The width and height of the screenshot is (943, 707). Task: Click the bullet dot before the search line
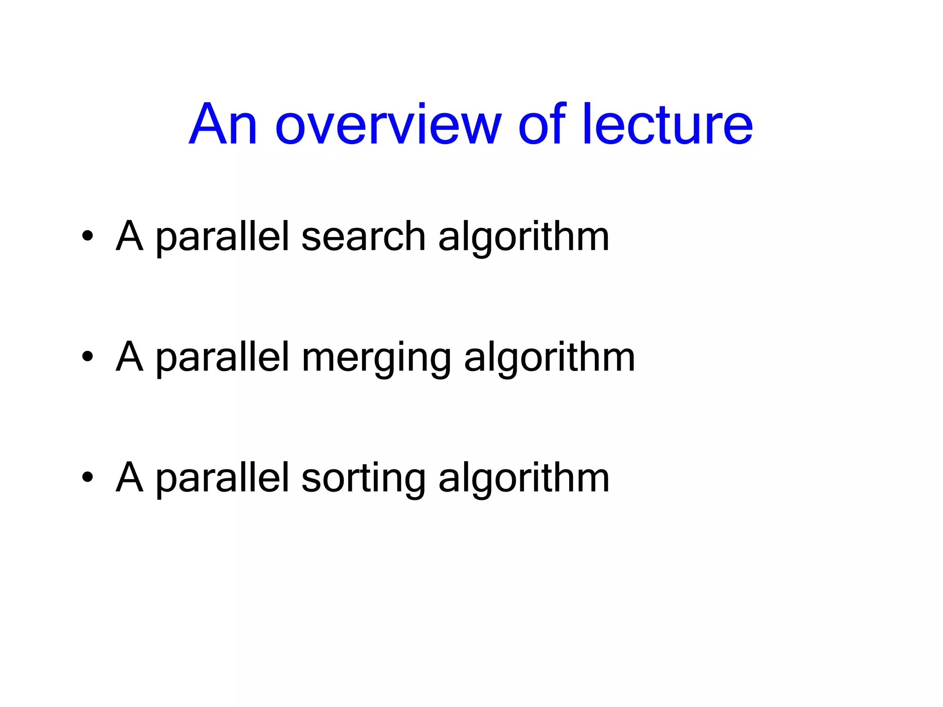pyautogui.click(x=87, y=237)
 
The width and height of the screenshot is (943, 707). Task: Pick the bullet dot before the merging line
pyautogui.click(x=87, y=357)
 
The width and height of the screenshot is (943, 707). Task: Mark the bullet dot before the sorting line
pyautogui.click(x=87, y=477)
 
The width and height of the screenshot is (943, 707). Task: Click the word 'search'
pyautogui.click(x=363, y=237)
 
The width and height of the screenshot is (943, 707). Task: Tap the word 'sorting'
pyautogui.click(x=363, y=479)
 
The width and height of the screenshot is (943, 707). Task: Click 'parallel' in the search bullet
pyautogui.click(x=222, y=238)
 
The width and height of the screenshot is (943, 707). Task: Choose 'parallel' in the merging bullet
pyautogui.click(x=222, y=358)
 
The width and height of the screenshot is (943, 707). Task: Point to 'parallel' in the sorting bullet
pyautogui.click(x=222, y=479)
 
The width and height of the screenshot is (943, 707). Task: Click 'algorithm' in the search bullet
pyautogui.click(x=524, y=238)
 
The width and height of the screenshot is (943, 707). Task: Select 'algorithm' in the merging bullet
pyautogui.click(x=549, y=358)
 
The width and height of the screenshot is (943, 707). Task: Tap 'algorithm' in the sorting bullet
pyautogui.click(x=524, y=479)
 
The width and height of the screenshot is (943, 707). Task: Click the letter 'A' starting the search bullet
pyautogui.click(x=129, y=236)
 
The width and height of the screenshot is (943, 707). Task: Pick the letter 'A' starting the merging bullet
pyautogui.click(x=129, y=356)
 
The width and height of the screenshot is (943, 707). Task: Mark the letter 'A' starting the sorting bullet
pyautogui.click(x=129, y=477)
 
